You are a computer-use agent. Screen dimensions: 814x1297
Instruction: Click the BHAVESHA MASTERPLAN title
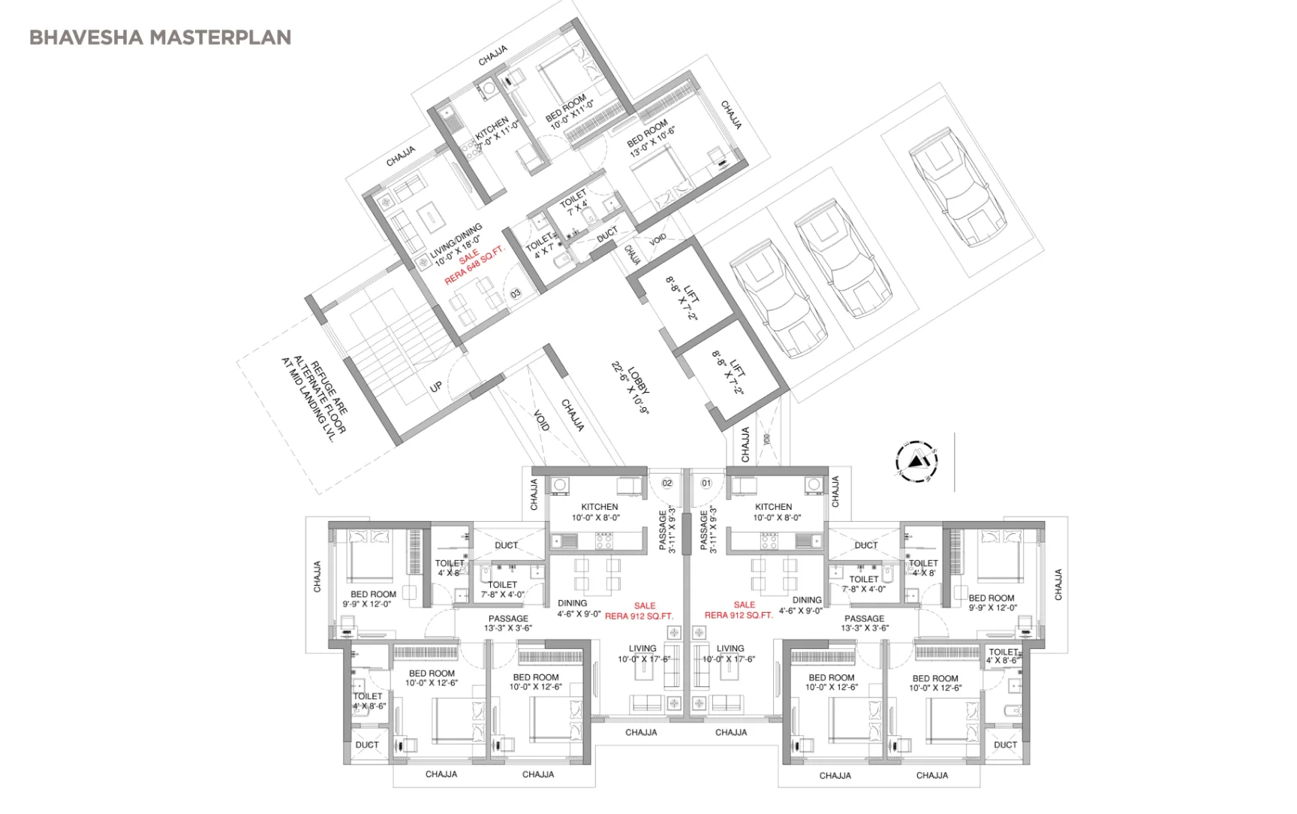160,38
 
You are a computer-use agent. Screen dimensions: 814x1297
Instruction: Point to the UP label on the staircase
436,387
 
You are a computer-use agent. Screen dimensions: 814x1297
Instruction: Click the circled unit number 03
516,294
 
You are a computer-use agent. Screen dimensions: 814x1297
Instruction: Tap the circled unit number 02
667,483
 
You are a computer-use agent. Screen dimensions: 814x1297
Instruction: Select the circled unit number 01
706,483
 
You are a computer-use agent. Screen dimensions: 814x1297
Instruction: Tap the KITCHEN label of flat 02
599,512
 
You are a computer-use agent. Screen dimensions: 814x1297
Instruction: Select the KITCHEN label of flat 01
774,512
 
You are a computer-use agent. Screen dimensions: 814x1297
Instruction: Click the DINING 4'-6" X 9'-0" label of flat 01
802,605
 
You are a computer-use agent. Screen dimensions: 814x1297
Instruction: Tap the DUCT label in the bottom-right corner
1005,745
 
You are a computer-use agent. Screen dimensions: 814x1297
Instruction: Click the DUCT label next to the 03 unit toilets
606,234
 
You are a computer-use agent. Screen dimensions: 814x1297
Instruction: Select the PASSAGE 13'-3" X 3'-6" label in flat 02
508,623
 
